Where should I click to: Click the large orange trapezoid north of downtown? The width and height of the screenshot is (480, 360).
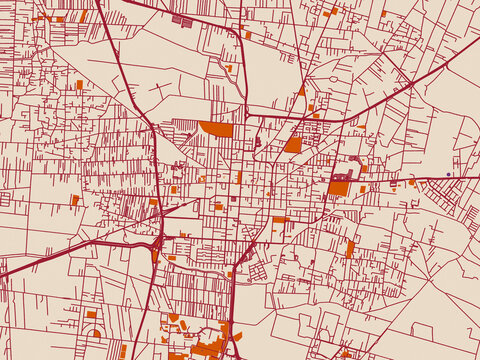pyautogui.click(x=216, y=129)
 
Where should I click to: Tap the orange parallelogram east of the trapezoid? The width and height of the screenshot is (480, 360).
pyautogui.click(x=292, y=145)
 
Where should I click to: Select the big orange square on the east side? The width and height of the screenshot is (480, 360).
pyautogui.click(x=340, y=187)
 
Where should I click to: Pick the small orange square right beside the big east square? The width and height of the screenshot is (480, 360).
pyautogui.click(x=363, y=187)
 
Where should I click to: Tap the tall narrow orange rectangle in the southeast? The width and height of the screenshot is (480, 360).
pyautogui.click(x=351, y=248)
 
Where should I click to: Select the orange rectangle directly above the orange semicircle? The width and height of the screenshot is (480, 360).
pyautogui.click(x=92, y=315)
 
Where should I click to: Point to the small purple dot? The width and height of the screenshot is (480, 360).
pyautogui.click(x=449, y=174)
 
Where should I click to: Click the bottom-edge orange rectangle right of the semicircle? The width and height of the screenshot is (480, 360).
pyautogui.click(x=123, y=351)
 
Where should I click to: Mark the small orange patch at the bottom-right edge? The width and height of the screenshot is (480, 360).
pyautogui.click(x=346, y=353)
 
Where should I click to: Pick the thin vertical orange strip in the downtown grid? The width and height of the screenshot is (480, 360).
pyautogui.click(x=239, y=177)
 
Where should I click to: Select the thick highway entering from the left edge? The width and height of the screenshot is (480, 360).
pyautogui.click(x=40, y=262)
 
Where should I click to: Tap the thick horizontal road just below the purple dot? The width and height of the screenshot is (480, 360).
pyautogui.click(x=440, y=179)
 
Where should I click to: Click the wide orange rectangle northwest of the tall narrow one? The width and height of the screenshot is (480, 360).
pyautogui.click(x=281, y=219)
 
